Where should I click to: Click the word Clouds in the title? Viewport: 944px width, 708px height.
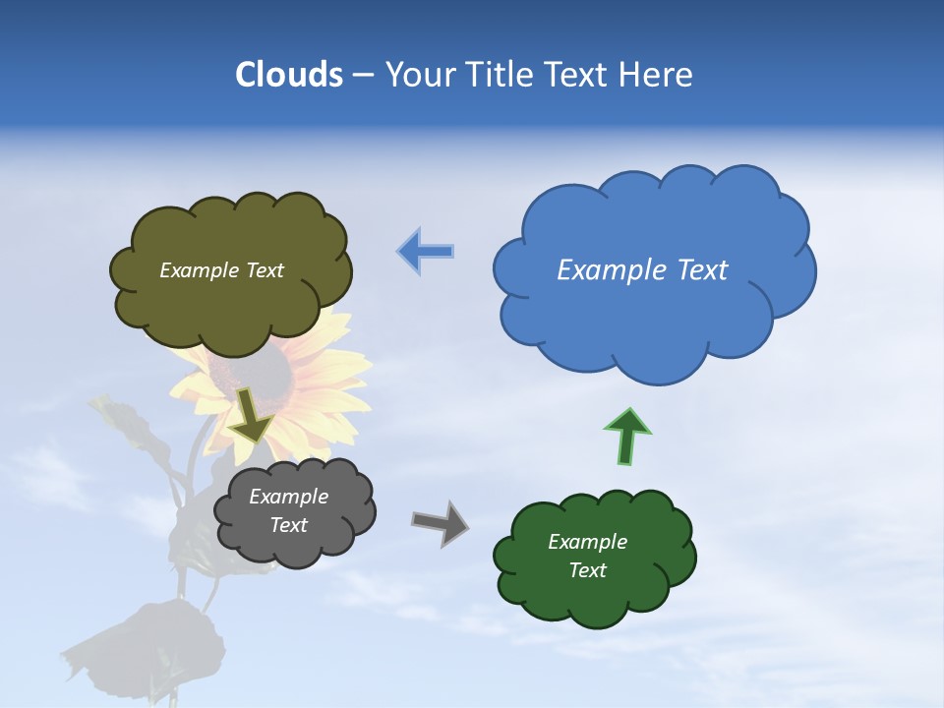(288, 74)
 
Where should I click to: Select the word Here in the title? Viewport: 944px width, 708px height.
(658, 74)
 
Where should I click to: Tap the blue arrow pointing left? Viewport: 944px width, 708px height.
(426, 252)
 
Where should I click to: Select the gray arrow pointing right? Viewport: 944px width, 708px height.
(441, 522)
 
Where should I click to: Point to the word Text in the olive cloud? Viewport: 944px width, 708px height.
(263, 270)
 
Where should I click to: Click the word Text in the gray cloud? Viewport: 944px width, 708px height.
(288, 525)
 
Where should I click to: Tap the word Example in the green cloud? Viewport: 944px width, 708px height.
(587, 542)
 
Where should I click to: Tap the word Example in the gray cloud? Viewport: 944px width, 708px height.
(288, 497)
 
